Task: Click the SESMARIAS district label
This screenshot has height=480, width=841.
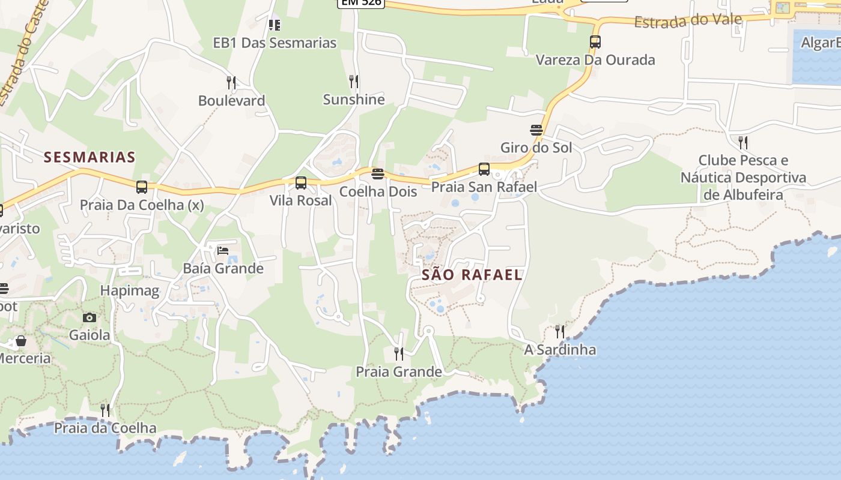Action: (x=90, y=157)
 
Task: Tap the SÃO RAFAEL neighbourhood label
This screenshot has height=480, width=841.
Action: (x=472, y=275)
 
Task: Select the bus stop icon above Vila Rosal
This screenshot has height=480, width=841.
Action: (x=301, y=183)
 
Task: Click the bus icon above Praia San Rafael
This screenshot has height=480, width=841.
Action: (x=484, y=169)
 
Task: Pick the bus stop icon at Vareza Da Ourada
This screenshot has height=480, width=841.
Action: (x=595, y=42)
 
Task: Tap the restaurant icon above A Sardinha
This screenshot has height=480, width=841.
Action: (x=560, y=331)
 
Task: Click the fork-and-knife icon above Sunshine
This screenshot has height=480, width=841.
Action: (x=354, y=81)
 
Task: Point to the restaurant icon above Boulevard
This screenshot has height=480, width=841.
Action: (x=231, y=82)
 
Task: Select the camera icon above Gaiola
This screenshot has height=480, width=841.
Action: (x=90, y=317)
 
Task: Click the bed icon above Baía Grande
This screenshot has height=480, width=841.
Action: (x=223, y=250)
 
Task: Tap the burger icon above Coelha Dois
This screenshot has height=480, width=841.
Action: (x=378, y=174)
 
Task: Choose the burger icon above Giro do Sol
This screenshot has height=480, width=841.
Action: (x=536, y=130)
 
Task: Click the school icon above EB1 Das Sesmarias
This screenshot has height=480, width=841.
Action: (x=275, y=25)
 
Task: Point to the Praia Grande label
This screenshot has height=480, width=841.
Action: (x=399, y=372)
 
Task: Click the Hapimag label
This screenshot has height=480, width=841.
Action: (x=130, y=291)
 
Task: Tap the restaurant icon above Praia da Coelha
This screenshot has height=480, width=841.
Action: (x=105, y=410)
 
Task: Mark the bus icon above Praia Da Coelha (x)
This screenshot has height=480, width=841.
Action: (x=142, y=187)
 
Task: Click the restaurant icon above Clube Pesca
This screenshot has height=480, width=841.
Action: (x=743, y=142)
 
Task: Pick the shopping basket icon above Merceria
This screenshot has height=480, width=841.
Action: (x=21, y=341)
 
